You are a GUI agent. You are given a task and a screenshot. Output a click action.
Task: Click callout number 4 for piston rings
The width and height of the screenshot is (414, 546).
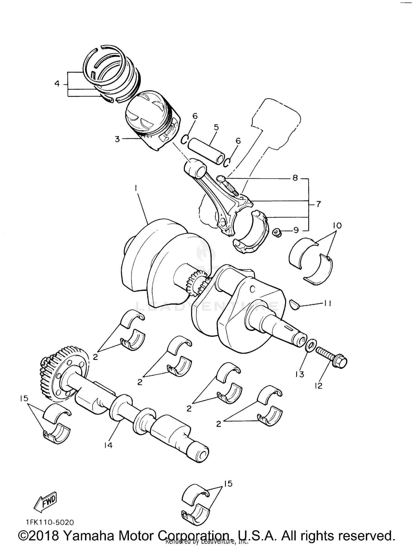[57, 83]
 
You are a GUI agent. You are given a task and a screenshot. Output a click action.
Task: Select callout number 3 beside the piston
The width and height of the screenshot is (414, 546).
[117, 139]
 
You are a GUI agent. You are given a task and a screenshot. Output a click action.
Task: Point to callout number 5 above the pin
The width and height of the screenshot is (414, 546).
[216, 127]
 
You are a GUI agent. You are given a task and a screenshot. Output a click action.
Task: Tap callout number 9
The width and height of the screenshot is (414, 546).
[296, 230]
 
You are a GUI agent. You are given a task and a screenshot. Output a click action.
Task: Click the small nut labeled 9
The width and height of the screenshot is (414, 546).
[276, 233]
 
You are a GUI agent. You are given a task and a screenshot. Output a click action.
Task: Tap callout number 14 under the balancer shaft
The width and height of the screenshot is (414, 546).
[108, 445]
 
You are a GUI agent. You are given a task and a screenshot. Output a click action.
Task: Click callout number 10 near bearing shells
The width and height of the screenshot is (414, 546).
[337, 226]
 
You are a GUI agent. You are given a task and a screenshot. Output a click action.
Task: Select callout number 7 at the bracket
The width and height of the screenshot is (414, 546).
[319, 204]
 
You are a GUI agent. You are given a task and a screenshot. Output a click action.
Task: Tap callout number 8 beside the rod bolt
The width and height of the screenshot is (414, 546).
[295, 178]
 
